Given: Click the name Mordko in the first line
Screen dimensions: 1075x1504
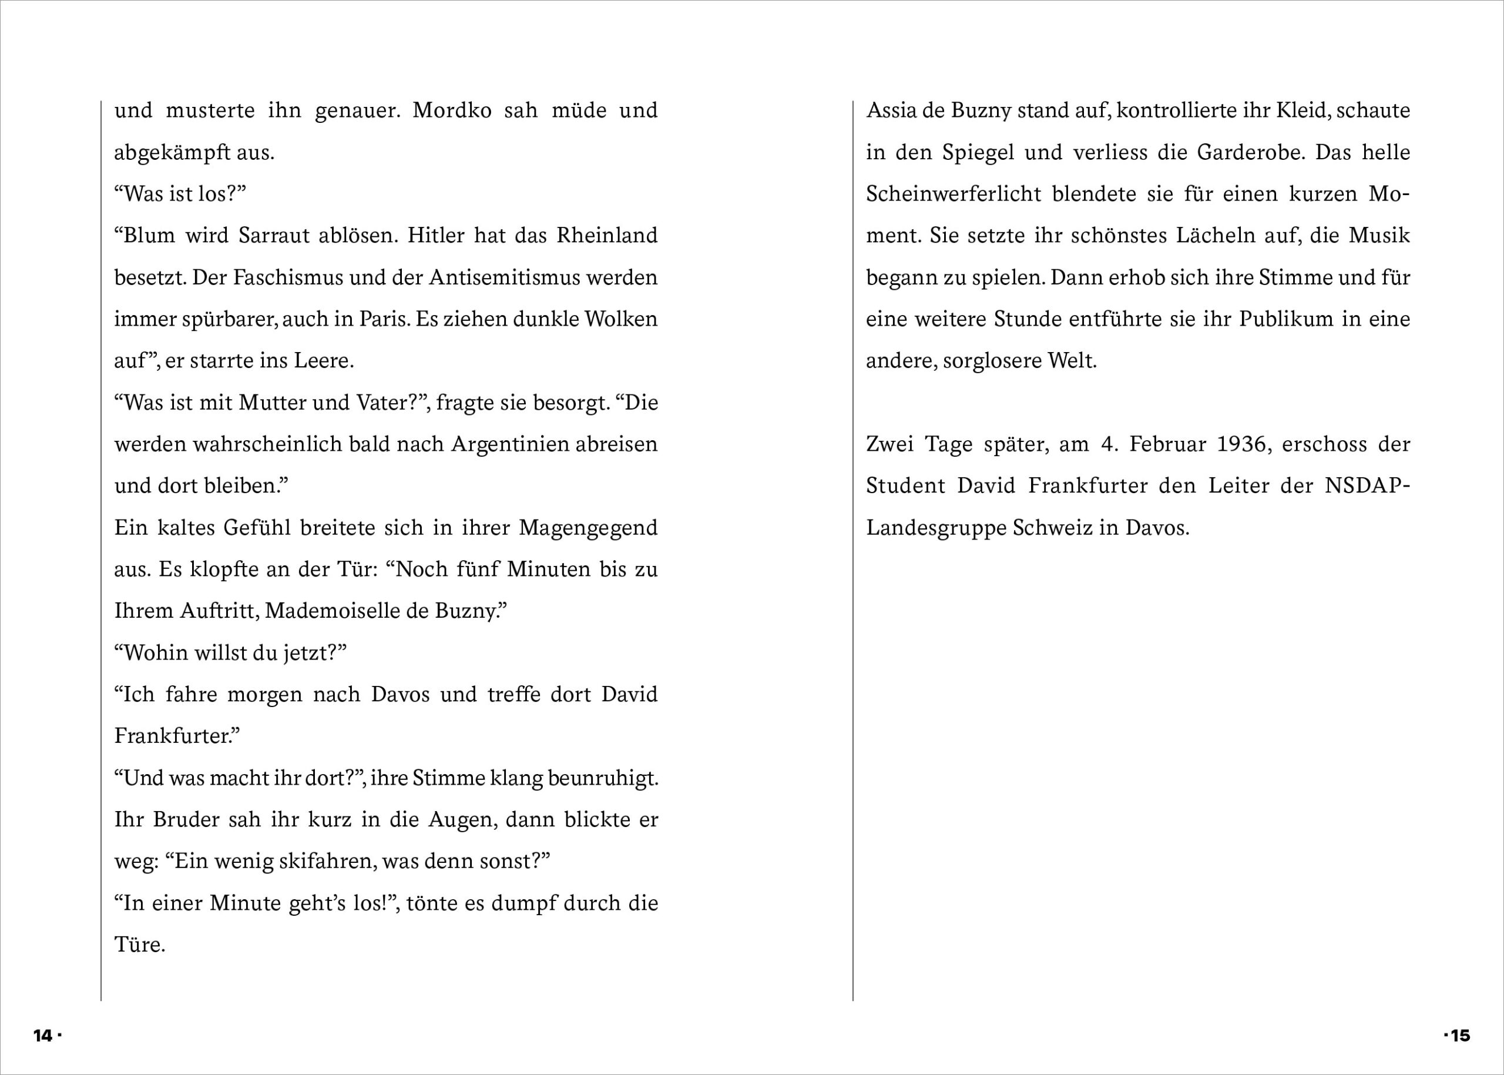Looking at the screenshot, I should click(452, 110).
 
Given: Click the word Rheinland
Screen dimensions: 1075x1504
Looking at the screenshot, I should click(607, 236).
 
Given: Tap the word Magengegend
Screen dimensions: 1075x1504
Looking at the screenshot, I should click(587, 528).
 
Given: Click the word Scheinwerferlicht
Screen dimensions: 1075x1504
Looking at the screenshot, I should click(954, 194).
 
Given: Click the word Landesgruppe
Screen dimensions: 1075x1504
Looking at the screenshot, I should click(936, 528).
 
